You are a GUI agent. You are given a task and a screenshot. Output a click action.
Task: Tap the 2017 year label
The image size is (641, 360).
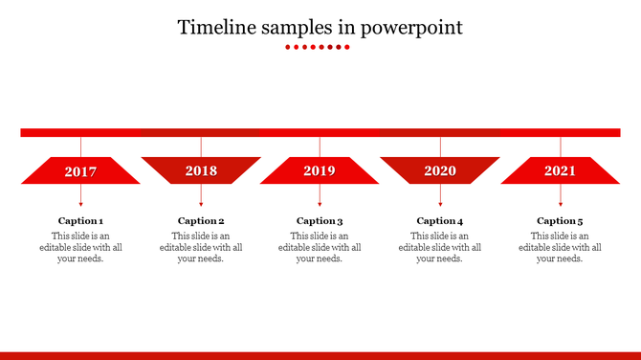[x=80, y=171]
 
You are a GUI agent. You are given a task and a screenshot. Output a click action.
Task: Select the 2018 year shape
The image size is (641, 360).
[x=201, y=170]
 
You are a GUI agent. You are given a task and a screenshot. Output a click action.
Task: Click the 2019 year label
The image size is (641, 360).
[x=320, y=171]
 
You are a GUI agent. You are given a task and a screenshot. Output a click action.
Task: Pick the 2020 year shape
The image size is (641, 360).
[x=440, y=170]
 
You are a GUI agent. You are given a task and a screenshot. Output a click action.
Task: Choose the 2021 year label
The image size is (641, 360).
[x=561, y=171]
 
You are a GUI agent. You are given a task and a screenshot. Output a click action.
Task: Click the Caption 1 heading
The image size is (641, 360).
[x=80, y=221]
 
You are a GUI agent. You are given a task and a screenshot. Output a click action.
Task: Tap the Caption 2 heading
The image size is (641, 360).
[x=201, y=221]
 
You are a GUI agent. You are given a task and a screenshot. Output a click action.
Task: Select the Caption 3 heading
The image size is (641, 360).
[x=320, y=221]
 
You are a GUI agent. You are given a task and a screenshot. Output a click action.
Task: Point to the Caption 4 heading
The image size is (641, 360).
[x=440, y=221]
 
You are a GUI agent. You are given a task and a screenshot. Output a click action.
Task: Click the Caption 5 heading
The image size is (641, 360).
[x=561, y=221]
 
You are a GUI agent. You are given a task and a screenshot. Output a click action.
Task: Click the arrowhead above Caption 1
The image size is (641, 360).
[x=80, y=204]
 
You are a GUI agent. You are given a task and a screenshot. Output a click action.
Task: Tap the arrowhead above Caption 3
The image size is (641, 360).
[x=320, y=204]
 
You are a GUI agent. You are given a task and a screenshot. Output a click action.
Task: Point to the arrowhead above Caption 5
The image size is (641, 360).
[x=561, y=204]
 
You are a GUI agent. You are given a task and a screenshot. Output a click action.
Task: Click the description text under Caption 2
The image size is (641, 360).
[x=201, y=247]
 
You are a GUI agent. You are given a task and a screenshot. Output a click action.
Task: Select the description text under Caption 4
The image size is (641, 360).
[x=440, y=247]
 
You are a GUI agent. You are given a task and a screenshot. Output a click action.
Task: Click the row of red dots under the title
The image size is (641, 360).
[x=320, y=46]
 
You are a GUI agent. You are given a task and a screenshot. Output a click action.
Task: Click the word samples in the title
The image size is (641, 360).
[x=292, y=27]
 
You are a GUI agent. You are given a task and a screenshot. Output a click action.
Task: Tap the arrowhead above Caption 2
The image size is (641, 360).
[x=201, y=204]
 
